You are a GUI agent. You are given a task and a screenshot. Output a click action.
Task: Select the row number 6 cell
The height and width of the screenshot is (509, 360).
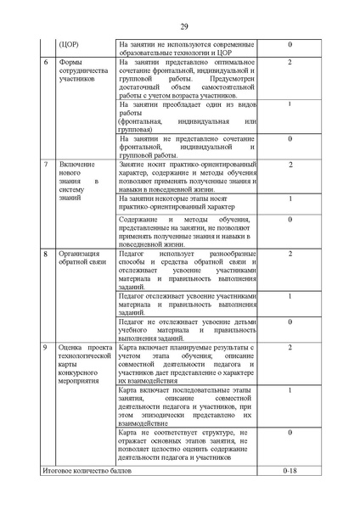45,63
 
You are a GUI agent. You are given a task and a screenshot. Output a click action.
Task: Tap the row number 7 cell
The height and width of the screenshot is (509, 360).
45,163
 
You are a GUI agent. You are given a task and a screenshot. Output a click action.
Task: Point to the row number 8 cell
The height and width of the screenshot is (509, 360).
45,253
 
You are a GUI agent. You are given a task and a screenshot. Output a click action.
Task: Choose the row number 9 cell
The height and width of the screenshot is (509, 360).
45,348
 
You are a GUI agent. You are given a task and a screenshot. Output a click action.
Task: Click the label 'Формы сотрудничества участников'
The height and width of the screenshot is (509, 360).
83,71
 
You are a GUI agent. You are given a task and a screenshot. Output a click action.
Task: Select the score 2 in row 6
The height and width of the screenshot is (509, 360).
290,63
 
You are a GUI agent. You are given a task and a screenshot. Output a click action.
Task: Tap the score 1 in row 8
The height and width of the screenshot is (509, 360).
290,296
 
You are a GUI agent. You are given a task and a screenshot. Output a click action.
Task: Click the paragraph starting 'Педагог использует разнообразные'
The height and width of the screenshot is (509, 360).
186,271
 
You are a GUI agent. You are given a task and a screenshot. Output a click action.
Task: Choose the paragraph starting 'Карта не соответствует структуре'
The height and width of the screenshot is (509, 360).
186,445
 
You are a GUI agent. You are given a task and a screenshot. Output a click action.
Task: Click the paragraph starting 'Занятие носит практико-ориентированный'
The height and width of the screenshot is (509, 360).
186,176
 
